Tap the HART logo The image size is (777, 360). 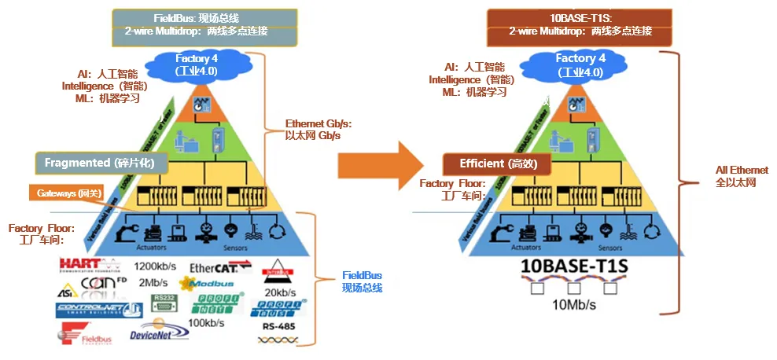pyautogui.click(x=87, y=266)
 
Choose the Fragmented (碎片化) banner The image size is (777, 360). pyautogui.click(x=102, y=163)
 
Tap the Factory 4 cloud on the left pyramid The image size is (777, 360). pyautogui.click(x=192, y=64)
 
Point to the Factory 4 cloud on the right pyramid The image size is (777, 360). pyautogui.click(x=580, y=64)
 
